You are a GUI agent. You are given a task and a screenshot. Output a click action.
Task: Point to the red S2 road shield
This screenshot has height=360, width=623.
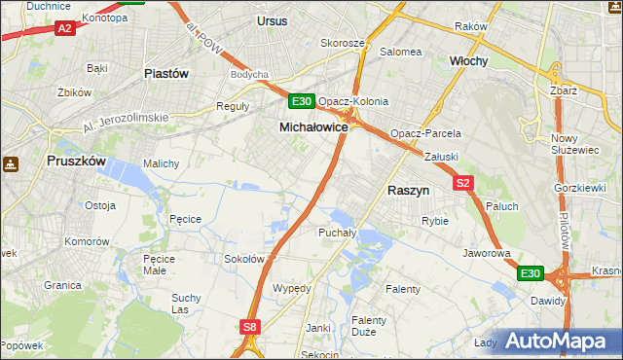click(x=462, y=183)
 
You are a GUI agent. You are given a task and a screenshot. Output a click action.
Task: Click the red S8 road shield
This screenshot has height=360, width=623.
click(x=251, y=328)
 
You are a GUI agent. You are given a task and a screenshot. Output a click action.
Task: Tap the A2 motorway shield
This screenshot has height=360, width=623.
click(x=64, y=28)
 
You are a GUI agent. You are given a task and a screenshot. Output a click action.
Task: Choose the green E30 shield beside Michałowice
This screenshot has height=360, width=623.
click(x=301, y=101)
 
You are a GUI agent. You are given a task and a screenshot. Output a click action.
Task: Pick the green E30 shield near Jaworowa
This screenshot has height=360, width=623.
click(x=530, y=274)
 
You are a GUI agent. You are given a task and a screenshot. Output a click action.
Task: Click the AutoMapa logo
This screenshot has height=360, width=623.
click(x=558, y=342)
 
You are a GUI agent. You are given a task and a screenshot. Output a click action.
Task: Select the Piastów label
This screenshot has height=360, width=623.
click(x=165, y=73)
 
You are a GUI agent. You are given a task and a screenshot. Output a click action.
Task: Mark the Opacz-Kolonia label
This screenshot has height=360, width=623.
click(x=353, y=101)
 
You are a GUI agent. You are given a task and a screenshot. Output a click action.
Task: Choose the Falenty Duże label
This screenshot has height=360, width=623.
click(x=369, y=326)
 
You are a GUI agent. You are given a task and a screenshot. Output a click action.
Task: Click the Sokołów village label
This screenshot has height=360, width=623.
click(x=244, y=259)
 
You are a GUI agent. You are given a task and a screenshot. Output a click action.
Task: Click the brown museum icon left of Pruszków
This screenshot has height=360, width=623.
click(x=10, y=165)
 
